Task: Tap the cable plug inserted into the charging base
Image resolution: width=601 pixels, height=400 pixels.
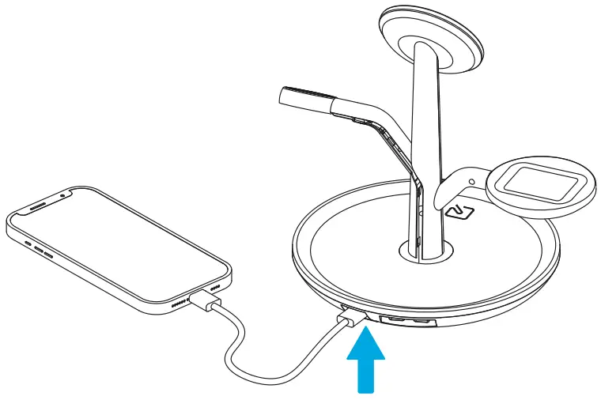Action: pyautogui.click(x=350, y=319)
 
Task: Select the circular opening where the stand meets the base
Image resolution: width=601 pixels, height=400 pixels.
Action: pyautogui.click(x=426, y=251)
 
